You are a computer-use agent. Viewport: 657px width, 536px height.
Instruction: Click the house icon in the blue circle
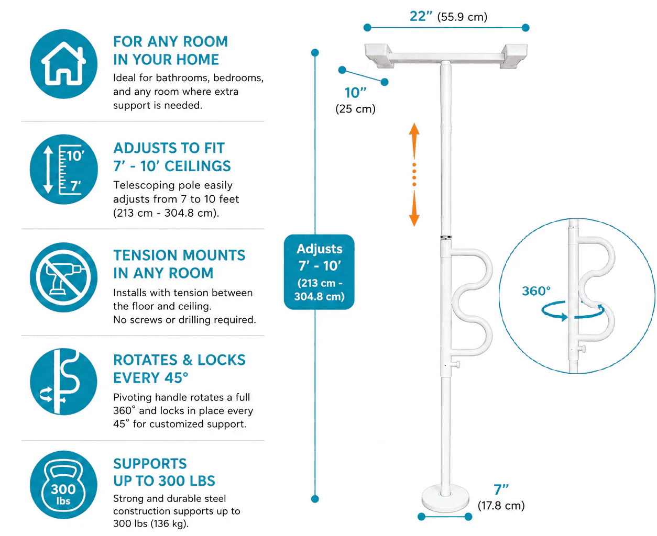(x=63, y=64)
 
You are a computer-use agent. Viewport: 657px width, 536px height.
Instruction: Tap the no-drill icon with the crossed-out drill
(x=63, y=277)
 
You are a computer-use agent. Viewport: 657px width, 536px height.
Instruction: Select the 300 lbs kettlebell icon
(x=63, y=485)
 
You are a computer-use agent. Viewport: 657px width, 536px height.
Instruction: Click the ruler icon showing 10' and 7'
(x=63, y=169)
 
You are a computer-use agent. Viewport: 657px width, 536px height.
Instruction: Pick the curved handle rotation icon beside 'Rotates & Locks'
(x=63, y=382)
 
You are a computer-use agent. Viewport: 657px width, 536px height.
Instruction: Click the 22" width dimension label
(x=421, y=16)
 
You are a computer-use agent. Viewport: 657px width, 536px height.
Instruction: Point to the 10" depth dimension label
(x=355, y=93)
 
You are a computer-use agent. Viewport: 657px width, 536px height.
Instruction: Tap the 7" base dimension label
(x=501, y=489)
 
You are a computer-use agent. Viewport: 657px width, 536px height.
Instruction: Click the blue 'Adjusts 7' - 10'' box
(x=319, y=272)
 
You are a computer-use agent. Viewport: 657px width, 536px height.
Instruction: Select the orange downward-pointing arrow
(x=414, y=208)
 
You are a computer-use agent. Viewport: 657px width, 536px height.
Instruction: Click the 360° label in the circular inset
(x=536, y=291)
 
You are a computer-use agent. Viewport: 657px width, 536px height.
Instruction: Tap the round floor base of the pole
(x=445, y=499)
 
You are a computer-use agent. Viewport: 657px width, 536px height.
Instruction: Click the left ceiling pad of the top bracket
(x=379, y=55)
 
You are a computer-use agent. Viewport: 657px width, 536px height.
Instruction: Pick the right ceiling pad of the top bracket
(x=513, y=55)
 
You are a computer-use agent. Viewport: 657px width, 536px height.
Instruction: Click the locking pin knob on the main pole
(x=456, y=364)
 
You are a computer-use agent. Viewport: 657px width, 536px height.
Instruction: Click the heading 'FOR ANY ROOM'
(x=170, y=41)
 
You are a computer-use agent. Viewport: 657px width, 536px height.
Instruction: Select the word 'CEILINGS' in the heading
(x=198, y=166)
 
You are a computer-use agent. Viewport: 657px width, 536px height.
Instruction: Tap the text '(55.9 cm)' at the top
(x=462, y=17)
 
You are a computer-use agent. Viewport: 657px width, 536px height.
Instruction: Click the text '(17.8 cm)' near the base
(x=501, y=506)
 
